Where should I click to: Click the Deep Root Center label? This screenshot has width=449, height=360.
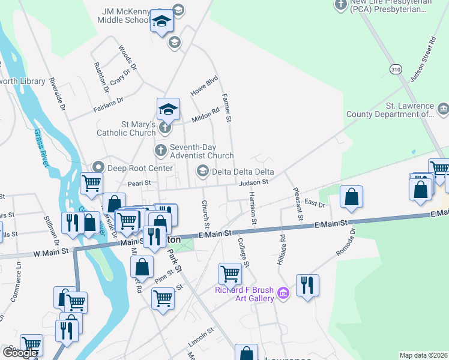(140, 168)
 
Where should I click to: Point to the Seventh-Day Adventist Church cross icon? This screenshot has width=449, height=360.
(160, 150)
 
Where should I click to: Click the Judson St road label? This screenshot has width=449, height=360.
(252, 182)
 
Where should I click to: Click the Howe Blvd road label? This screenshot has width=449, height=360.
(203, 85)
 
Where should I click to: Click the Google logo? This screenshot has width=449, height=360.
(20, 353)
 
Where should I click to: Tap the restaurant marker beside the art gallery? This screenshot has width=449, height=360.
(307, 286)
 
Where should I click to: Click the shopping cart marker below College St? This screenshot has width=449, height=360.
(231, 274)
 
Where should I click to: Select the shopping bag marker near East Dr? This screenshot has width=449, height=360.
(352, 197)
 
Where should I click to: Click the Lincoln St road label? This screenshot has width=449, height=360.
(201, 334)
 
